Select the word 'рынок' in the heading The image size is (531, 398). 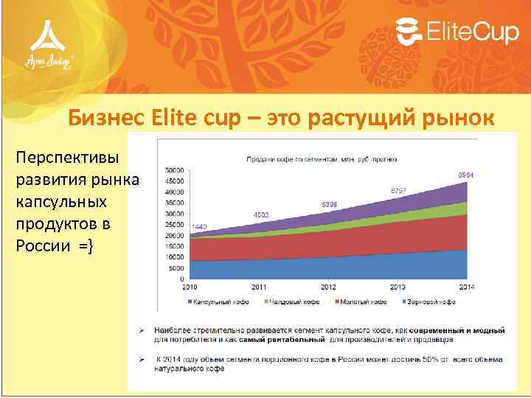pyautogui.click(x=452, y=117)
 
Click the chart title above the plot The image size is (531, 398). pyautogui.click(x=322, y=158)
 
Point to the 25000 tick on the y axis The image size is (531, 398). pyautogui.click(x=175, y=224)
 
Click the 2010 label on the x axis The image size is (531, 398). pyautogui.click(x=190, y=287)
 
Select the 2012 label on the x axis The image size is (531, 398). pyautogui.click(x=328, y=287)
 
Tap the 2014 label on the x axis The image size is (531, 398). pyautogui.click(x=466, y=287)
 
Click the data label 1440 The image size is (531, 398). pyautogui.click(x=198, y=226)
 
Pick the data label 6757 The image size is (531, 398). pyautogui.click(x=399, y=190)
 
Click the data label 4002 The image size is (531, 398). pyautogui.click(x=262, y=214)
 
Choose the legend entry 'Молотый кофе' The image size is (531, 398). pyautogui.click(x=361, y=301)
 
